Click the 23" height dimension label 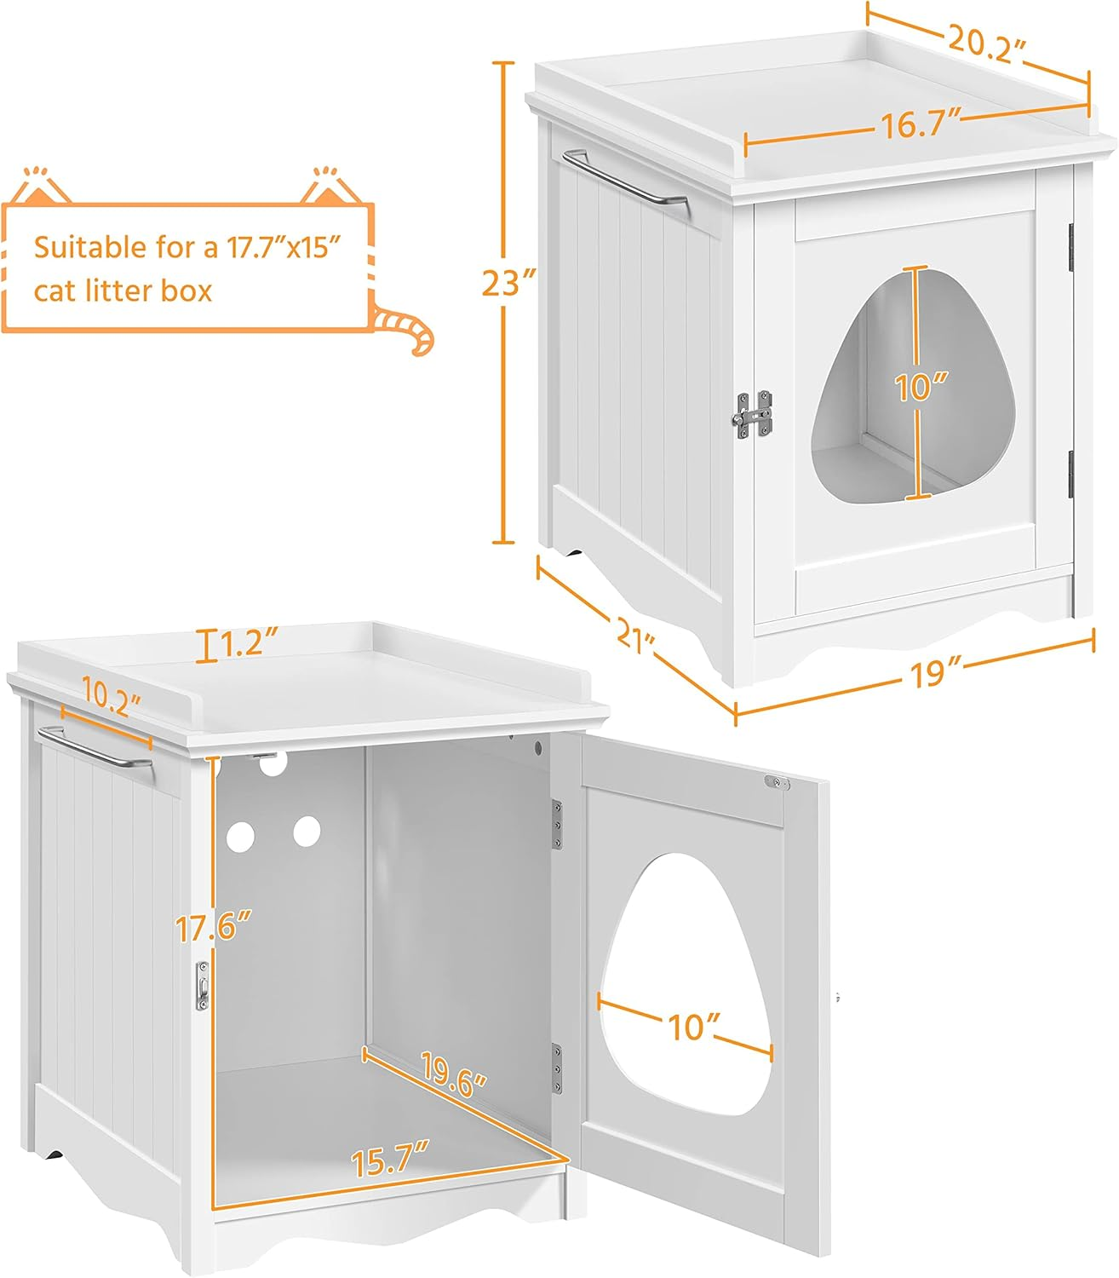click(x=508, y=282)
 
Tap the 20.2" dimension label click(x=987, y=43)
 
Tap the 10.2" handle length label click(x=111, y=697)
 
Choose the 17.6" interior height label click(x=213, y=927)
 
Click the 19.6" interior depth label click(x=454, y=1074)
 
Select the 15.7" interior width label click(x=391, y=1160)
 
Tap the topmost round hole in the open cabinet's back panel click(x=273, y=763)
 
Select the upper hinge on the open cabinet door click(x=557, y=825)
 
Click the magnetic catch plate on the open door click(x=778, y=783)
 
